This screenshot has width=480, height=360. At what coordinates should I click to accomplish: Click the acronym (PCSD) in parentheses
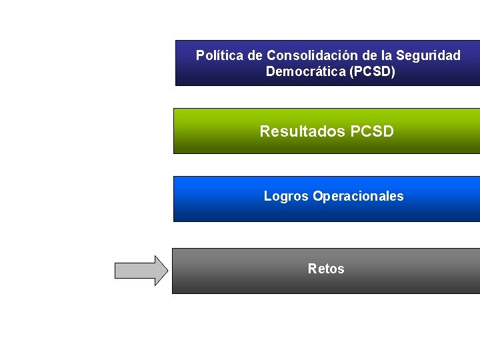374,71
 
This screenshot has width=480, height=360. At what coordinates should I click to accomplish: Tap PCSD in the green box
372,131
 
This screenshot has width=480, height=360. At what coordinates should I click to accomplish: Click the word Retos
326,269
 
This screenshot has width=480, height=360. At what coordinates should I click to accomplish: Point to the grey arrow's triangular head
162,270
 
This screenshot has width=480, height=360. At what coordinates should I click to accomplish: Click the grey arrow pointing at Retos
142,270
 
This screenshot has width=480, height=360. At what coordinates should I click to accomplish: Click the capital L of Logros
267,196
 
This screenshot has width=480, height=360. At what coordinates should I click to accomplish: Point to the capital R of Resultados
265,131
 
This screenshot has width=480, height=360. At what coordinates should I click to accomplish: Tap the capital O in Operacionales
317,196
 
